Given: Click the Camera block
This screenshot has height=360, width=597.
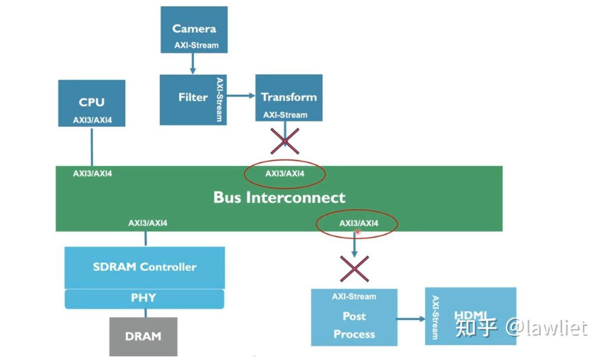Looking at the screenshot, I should click(194, 29).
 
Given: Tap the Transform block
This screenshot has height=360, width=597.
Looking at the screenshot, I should click(289, 97).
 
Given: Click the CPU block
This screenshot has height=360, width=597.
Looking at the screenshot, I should click(92, 102).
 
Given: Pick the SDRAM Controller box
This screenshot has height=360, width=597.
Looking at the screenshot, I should click(144, 267).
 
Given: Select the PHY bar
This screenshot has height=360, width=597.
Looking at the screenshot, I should click(144, 298).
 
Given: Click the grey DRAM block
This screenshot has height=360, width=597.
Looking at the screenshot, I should click(143, 336).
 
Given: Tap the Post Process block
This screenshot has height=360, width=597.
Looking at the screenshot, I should click(354, 325).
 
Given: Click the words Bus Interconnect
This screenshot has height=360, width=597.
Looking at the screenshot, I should click(279, 198).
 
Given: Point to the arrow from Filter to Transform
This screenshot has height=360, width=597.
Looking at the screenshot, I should click(241, 95).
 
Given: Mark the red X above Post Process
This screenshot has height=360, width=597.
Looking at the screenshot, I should click(354, 269).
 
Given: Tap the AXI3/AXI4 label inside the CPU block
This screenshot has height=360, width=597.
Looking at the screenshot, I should click(92, 120).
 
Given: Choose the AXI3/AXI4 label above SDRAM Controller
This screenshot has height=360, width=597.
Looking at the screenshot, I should click(148, 223).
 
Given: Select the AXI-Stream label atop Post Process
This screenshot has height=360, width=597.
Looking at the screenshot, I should click(354, 297).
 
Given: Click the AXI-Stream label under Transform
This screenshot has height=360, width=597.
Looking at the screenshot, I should click(285, 115).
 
